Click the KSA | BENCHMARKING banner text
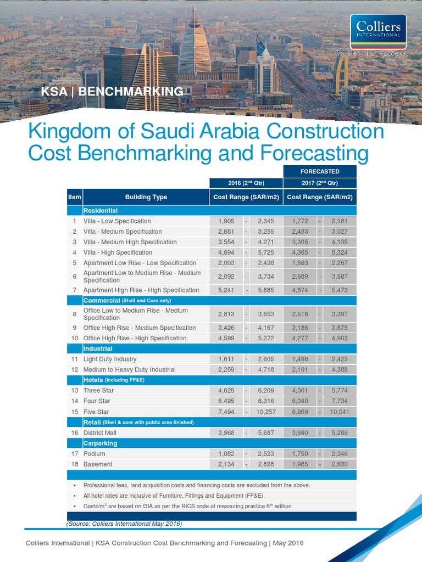112,91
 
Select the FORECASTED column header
319,171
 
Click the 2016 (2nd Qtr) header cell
246,183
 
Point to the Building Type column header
146,197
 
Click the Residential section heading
101,210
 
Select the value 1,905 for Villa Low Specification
226,221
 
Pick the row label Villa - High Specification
118,252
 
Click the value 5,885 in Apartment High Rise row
265,290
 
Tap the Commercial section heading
101,300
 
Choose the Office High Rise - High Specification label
135,338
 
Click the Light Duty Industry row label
110,359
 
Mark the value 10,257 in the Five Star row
264,412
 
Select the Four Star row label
96,401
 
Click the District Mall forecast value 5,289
340,433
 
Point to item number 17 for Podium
74,454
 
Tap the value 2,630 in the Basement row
340,464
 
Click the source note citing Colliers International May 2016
124,524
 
